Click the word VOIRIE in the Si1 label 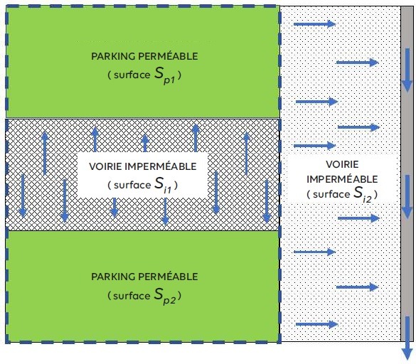[x=110, y=166]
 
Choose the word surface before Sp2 [x=131, y=294]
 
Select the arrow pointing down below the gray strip [x=407, y=349]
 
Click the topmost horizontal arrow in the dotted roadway [x=314, y=24]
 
